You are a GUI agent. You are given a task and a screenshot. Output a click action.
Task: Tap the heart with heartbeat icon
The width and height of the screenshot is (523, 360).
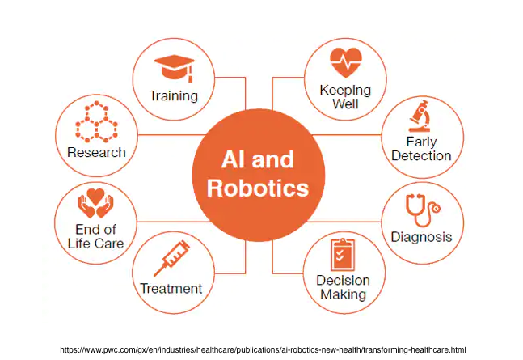coord(345,61)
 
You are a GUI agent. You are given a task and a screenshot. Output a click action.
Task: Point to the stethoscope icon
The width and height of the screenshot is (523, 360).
coord(420,212)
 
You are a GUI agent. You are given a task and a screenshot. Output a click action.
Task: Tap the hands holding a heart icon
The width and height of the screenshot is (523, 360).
coord(96,204)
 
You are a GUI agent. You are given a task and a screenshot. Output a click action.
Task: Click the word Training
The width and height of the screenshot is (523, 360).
coord(173,96)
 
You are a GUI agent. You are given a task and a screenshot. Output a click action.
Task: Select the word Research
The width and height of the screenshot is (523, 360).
coord(96,152)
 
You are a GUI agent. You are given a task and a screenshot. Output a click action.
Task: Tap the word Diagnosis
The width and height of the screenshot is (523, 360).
coord(421,237)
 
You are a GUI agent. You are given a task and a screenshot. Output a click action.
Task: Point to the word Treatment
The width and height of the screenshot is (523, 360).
coord(171,289)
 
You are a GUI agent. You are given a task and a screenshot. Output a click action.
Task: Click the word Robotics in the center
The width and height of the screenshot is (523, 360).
coord(258,188)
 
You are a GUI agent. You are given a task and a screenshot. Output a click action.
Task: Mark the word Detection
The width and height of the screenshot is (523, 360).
coord(421,155)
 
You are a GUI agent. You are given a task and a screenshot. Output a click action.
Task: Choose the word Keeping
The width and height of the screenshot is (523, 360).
coord(345,90)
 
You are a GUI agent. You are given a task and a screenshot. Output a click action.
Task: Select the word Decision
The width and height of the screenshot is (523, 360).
coord(343,281)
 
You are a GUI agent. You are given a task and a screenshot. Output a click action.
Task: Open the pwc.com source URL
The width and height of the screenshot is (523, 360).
coord(263,349)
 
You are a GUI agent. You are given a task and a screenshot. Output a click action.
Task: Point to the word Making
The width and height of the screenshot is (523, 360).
coord(344,294)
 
